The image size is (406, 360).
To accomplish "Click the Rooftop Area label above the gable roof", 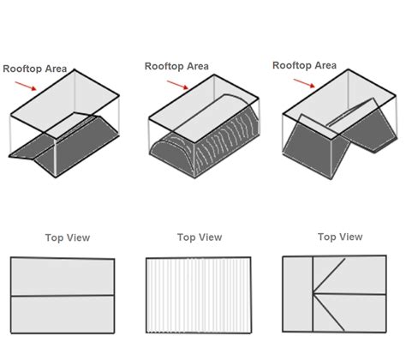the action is tap(35, 69).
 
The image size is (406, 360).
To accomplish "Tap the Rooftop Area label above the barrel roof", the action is tap(176, 66).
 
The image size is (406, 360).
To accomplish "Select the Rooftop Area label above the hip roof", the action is tap(304, 65).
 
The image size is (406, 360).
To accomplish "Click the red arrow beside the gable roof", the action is tap(26, 86).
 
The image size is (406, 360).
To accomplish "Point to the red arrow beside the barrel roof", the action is tap(177, 85).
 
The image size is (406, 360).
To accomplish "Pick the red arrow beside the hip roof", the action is tap(304, 83).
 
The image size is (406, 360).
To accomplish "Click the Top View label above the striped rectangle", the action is tap(200, 237).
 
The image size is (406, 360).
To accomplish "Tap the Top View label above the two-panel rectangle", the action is tap(68, 237).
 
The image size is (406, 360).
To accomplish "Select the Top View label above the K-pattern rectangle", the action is tap(340, 237).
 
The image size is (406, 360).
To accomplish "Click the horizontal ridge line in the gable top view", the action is tap(63, 296).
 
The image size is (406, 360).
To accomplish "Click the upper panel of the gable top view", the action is tap(63, 277).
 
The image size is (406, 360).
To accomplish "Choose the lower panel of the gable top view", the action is tap(63, 315).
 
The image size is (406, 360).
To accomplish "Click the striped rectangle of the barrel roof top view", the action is tap(199, 295).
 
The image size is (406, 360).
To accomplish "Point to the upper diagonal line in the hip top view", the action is tap(329, 276).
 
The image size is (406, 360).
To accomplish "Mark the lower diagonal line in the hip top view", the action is tap(329, 312).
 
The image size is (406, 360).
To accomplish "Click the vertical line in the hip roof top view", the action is tap(313, 294).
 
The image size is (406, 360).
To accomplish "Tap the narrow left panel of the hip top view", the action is tap(298, 294).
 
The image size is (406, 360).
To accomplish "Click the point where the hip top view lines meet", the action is tap(313, 293).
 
